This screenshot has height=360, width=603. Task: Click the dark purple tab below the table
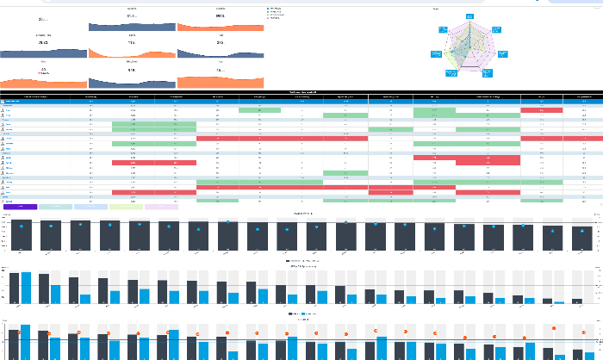tap(20, 207)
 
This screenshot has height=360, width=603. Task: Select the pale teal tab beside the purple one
tap(55, 207)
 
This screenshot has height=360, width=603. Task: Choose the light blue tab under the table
tap(90, 207)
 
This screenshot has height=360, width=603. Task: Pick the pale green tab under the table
tap(126, 207)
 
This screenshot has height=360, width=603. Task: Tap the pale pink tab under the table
tap(161, 207)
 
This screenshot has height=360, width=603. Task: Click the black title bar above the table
tap(301, 91)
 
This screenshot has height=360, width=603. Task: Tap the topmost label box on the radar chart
tap(470, 16)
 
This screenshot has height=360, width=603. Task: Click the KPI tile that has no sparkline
tap(43, 18)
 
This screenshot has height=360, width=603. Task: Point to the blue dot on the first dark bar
tap(22, 225)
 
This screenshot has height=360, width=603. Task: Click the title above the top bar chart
tap(301, 213)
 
